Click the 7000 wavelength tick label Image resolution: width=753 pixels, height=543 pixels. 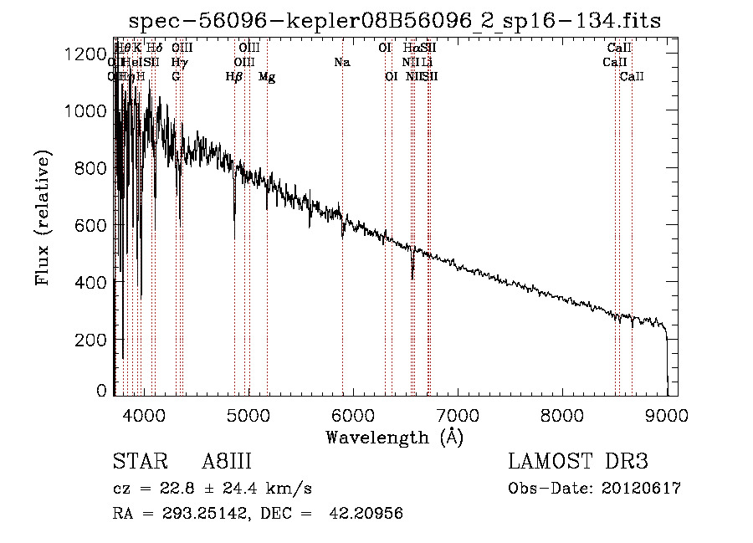coord(457,413)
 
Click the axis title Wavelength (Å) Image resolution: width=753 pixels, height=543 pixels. coord(394,437)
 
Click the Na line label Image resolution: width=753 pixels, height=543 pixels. coord(341,63)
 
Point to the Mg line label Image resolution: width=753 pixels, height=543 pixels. coord(267,77)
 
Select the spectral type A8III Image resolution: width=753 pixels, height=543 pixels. coord(227,462)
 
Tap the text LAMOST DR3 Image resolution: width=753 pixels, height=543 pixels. coord(578,462)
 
